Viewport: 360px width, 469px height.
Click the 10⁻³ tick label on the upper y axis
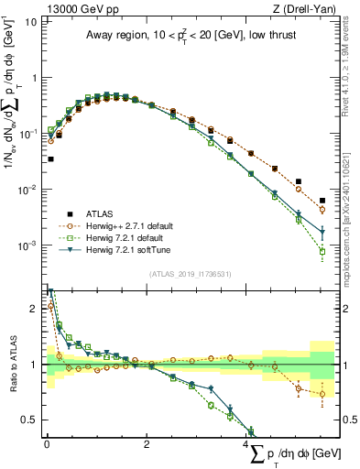pyautogui.click(x=27, y=245)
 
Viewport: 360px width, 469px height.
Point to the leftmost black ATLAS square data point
pyautogui.click(x=50, y=158)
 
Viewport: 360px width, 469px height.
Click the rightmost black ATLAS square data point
pyautogui.click(x=322, y=200)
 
